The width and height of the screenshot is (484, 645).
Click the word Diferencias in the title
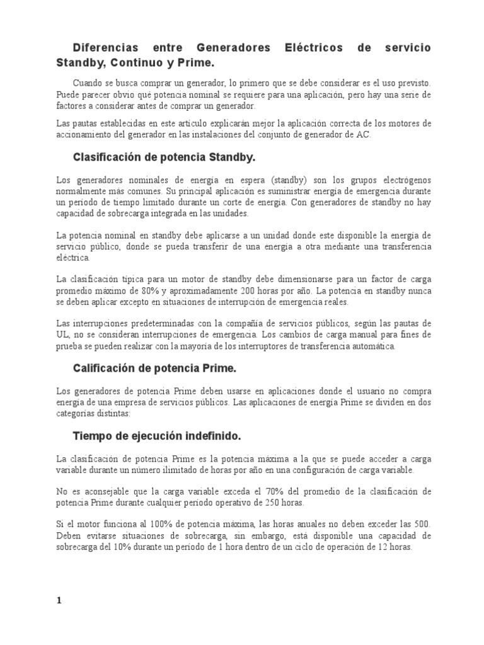click(x=105, y=48)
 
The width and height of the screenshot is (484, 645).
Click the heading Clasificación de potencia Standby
click(x=164, y=156)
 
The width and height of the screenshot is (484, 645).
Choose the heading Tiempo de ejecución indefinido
click(x=157, y=436)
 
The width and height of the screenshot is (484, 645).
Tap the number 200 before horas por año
click(x=248, y=291)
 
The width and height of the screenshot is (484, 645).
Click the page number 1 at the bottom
click(x=59, y=600)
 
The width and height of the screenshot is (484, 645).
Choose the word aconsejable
click(x=104, y=491)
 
